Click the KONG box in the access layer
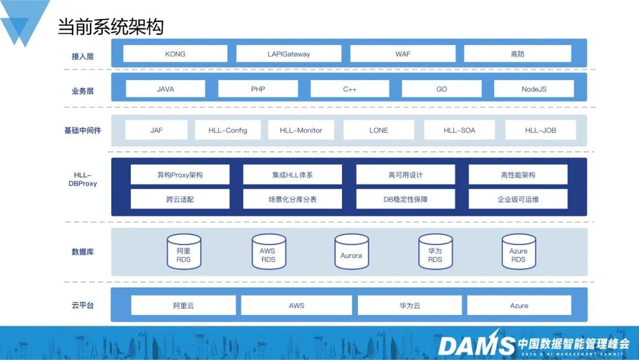pyautogui.click(x=175, y=54)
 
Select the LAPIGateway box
pyautogui.click(x=289, y=54)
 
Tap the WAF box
pyautogui.click(x=403, y=54)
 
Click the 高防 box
pyautogui.click(x=517, y=54)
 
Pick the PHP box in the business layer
pyautogui.click(x=258, y=89)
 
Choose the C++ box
pyautogui.click(x=350, y=89)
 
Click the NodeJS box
pyautogui.click(x=534, y=89)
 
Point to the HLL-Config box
pyautogui.click(x=228, y=130)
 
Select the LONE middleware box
pyautogui.click(x=379, y=130)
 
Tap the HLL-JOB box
pyautogui.click(x=541, y=130)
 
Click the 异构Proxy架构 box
pyautogui.click(x=180, y=175)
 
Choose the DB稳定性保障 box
pyautogui.click(x=405, y=199)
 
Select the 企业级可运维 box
pyautogui.click(x=518, y=199)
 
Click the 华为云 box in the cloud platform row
pyautogui.click(x=409, y=306)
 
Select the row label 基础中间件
pyautogui.click(x=82, y=130)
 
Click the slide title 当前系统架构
pyautogui.click(x=111, y=27)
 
